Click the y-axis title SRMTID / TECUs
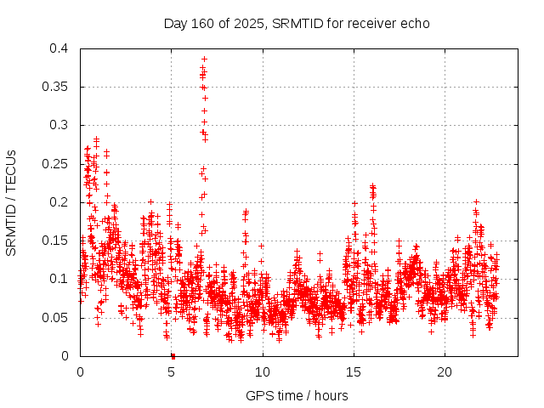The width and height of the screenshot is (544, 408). pyautogui.click(x=11, y=202)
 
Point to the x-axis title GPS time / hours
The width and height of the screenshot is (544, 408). pyautogui.click(x=297, y=395)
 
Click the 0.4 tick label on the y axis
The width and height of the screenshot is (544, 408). pyautogui.click(x=58, y=48)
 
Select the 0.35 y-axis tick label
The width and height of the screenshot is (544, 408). pyautogui.click(x=54, y=87)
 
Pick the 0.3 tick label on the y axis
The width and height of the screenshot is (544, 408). pyautogui.click(x=58, y=125)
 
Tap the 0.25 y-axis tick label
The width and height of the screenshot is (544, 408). pyautogui.click(x=54, y=164)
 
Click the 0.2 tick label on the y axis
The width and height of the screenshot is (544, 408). pyautogui.click(x=58, y=202)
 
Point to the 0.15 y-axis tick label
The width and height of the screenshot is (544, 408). pyautogui.click(x=54, y=241)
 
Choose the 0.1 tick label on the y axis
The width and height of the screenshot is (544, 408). pyautogui.click(x=58, y=279)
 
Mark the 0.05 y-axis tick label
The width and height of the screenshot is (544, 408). pyautogui.click(x=54, y=318)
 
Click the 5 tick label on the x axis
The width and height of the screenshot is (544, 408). pyautogui.click(x=171, y=372)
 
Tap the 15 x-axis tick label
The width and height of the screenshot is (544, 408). pyautogui.click(x=354, y=372)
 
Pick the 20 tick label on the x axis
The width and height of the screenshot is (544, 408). pyautogui.click(x=445, y=372)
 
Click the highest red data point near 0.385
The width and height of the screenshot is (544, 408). pyautogui.click(x=204, y=59)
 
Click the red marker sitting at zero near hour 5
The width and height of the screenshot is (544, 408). pyautogui.click(x=173, y=355)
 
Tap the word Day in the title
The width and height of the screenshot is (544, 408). pyautogui.click(x=175, y=23)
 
